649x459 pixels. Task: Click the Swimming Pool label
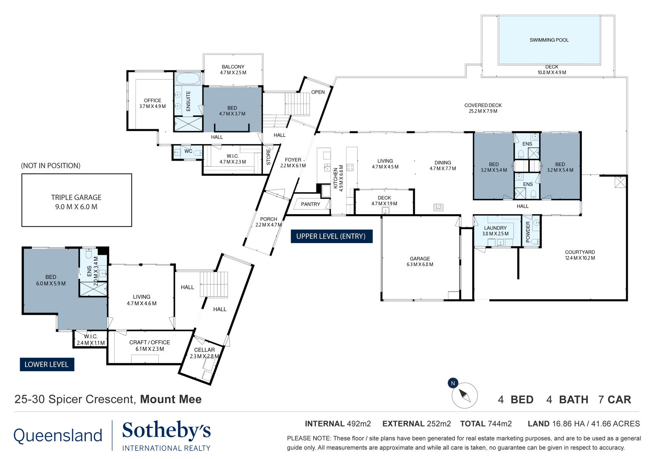pyautogui.click(x=549, y=40)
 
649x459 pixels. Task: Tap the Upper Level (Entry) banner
pyautogui.click(x=331, y=236)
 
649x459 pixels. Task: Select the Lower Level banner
pyautogui.click(x=47, y=365)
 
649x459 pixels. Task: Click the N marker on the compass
pyautogui.click(x=453, y=383)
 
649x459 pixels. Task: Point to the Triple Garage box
pyautogui.click(x=76, y=200)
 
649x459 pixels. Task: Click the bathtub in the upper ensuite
pyautogui.click(x=188, y=78)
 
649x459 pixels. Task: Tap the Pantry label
pyautogui.click(x=310, y=204)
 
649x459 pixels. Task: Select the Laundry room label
pyautogui.click(x=495, y=228)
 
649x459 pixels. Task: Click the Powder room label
pyautogui.click(x=528, y=232)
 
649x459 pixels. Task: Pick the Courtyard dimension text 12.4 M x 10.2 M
pyautogui.click(x=580, y=258)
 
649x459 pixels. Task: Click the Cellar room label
pyautogui.click(x=204, y=350)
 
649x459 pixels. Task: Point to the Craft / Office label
pyautogui.click(x=150, y=343)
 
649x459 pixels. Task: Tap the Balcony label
pyautogui.click(x=233, y=67)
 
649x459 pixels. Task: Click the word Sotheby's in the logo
pyautogui.click(x=166, y=430)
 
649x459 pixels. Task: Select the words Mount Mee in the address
pyautogui.click(x=171, y=399)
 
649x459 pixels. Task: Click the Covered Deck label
pyautogui.click(x=483, y=105)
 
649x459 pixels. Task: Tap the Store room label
pyautogui.click(x=268, y=157)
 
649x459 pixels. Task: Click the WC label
pyautogui.click(x=188, y=151)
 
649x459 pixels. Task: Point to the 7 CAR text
pyautogui.click(x=615, y=399)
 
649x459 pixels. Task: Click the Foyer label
pyautogui.click(x=293, y=160)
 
